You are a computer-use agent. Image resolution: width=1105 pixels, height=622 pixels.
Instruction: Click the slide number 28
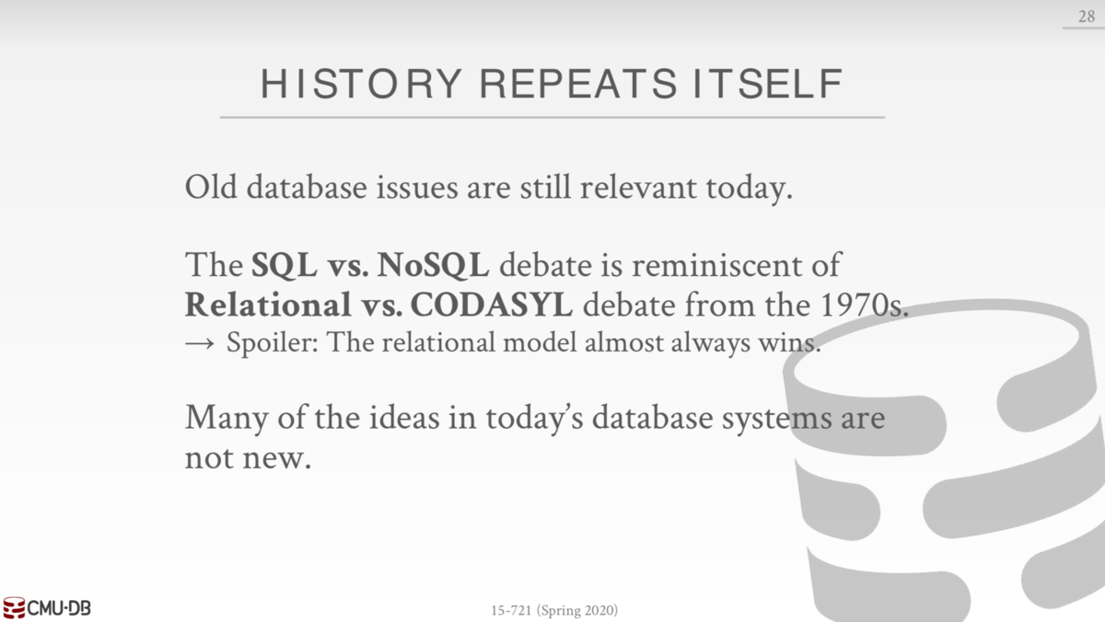coord(1087,17)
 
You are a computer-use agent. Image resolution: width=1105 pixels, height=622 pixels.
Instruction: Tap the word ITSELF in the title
coord(768,84)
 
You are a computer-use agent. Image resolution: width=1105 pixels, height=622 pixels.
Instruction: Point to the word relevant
coord(638,187)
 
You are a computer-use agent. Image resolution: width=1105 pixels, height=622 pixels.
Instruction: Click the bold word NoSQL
coord(433,265)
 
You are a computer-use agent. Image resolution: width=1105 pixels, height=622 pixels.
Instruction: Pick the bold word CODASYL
coord(492,305)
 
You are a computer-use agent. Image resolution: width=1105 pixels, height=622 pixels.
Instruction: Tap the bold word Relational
coord(268,305)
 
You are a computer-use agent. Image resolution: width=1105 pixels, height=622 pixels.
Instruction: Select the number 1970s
coord(864,305)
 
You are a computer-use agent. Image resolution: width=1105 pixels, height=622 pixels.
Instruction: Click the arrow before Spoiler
coord(200,343)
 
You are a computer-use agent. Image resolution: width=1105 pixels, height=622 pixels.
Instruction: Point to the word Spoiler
coord(273,343)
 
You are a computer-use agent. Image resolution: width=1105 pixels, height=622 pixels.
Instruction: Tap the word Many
coord(227,418)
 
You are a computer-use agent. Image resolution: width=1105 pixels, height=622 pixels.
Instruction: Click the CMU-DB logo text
coord(59,608)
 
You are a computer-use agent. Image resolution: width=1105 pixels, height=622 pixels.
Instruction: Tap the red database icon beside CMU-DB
coord(14,607)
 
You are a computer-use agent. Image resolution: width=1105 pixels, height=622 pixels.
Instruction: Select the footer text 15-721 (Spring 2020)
coord(554,610)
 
